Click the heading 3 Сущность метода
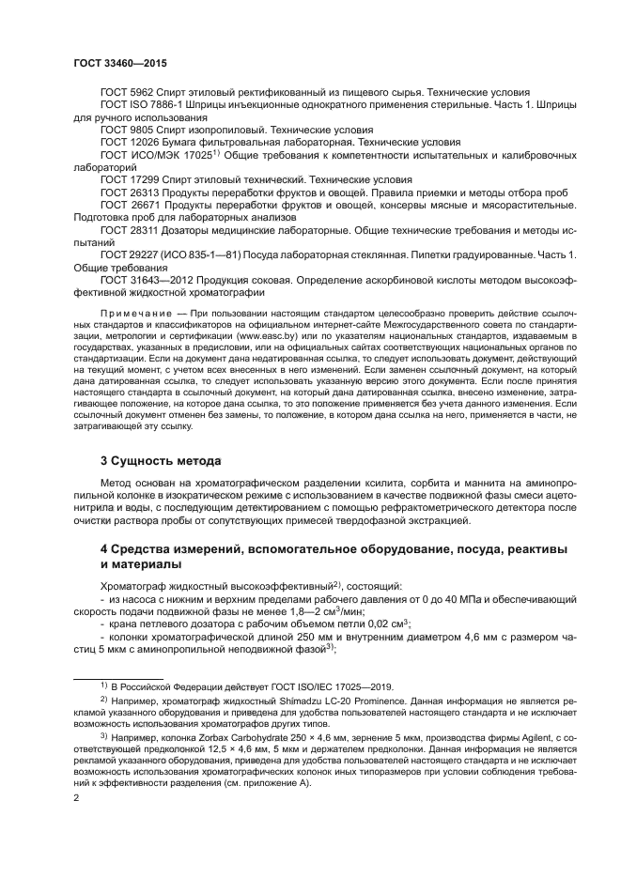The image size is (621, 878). pos(161,461)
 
